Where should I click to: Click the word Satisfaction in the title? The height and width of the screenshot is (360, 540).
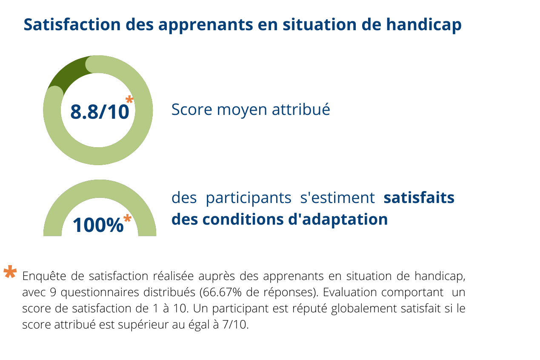tap(72, 25)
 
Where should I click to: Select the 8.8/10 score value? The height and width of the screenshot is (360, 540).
tap(100, 111)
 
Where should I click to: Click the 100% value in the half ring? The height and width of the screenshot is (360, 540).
tap(98, 225)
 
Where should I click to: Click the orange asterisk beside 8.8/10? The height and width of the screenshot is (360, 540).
tap(129, 99)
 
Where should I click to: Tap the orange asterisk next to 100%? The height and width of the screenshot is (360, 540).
tap(128, 218)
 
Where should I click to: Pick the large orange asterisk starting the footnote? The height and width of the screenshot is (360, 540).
tap(10, 272)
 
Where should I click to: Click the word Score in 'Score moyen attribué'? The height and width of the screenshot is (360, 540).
tap(191, 109)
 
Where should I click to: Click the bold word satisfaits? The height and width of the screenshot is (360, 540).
tap(419, 198)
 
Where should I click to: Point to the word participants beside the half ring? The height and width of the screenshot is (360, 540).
tap(249, 199)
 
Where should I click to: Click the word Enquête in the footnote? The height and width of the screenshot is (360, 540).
tap(44, 276)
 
